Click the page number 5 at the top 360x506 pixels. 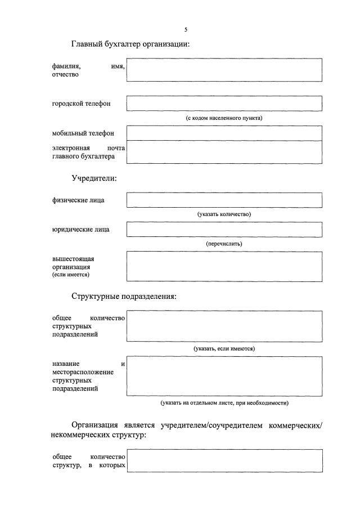186,29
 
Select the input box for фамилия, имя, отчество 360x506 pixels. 224,70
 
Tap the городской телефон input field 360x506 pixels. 224,104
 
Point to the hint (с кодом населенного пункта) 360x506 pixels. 224,118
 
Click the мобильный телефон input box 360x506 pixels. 224,133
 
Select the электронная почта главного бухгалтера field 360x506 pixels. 224,152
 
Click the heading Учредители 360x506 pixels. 94,178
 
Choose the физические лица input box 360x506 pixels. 224,200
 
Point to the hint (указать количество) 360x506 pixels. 224,214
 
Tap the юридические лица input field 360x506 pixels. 224,229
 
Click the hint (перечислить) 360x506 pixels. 224,244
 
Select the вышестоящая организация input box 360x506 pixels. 224,266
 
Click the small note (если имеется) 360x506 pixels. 70,275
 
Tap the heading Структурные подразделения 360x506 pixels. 124,297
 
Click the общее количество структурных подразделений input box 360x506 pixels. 224,326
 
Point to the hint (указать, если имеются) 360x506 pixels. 224,349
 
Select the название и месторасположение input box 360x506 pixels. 224,376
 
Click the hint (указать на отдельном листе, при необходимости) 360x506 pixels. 224,403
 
